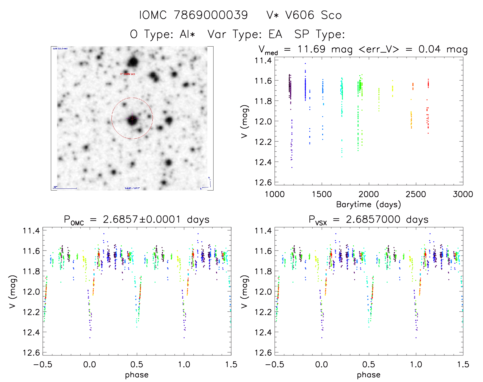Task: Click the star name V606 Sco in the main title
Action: click(304, 15)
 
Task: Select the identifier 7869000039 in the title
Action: click(211, 15)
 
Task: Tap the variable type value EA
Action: click(275, 34)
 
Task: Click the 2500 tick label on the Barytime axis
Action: click(416, 194)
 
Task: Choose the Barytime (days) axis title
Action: click(368, 204)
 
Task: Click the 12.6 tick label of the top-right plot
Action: click(263, 182)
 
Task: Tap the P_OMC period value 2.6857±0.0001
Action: click(142, 219)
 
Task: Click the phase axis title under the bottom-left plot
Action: click(137, 375)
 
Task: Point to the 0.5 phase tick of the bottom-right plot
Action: click(369, 364)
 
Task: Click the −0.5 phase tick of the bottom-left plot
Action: click(43, 364)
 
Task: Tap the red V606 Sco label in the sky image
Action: click(128, 74)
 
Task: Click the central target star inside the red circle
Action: click(132, 119)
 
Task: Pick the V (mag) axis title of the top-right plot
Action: click(244, 121)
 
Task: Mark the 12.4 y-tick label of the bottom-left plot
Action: click(31, 332)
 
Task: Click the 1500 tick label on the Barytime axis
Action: click(322, 194)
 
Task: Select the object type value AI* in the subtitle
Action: click(187, 34)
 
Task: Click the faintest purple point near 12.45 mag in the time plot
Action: click(292, 167)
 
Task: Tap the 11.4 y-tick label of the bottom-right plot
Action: click(263, 231)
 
